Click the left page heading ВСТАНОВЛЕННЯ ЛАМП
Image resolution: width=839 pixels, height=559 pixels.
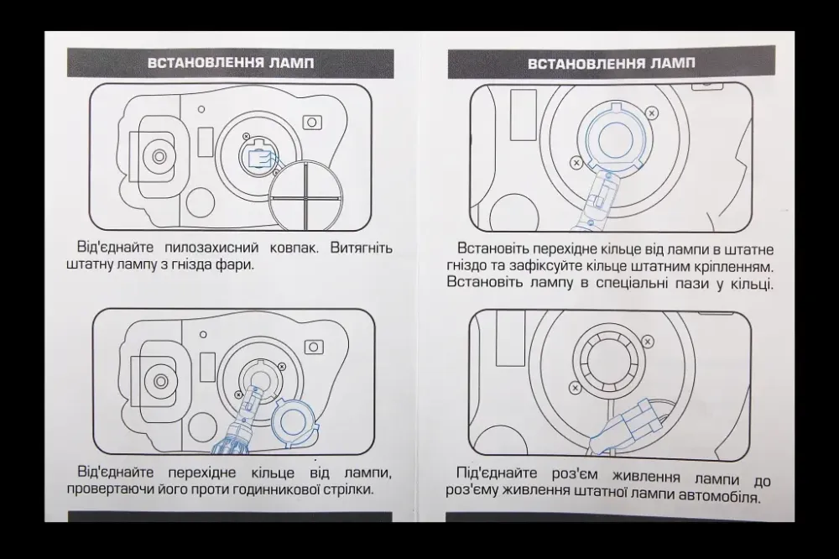231,64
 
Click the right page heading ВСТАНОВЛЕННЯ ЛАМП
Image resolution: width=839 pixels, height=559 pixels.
612,64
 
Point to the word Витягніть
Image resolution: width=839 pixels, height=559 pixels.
362,248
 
